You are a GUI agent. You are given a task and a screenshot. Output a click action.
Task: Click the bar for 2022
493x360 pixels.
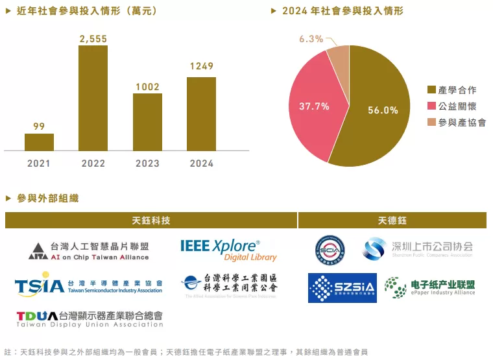(93, 98)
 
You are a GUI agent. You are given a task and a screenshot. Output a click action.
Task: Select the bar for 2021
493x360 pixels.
(39, 142)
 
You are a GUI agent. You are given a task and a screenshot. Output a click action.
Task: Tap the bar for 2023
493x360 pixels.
(147, 122)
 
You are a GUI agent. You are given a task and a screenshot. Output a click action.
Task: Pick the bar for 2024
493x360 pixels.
(201, 114)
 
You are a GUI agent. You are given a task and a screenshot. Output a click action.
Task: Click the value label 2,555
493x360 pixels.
(93, 39)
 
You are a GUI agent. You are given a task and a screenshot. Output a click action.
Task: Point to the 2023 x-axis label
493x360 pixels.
(147, 163)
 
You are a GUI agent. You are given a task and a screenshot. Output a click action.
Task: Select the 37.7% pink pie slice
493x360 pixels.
(315, 107)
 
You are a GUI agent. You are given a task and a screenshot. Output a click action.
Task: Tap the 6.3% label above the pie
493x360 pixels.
(311, 39)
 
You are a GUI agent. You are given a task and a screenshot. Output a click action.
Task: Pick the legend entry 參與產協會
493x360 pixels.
(461, 122)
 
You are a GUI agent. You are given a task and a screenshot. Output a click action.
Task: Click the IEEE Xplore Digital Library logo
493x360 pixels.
(228, 250)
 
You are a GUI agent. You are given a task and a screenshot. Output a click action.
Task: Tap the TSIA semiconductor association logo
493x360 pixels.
(88, 285)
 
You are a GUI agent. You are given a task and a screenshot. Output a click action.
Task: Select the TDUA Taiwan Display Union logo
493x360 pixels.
(90, 318)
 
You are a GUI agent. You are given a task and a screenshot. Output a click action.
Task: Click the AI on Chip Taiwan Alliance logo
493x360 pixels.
(90, 251)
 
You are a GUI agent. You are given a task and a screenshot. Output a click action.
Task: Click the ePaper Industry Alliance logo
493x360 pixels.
(429, 287)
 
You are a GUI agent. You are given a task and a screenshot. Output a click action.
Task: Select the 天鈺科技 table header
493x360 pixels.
(151, 221)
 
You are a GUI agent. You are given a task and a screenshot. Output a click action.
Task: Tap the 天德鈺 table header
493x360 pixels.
(392, 221)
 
